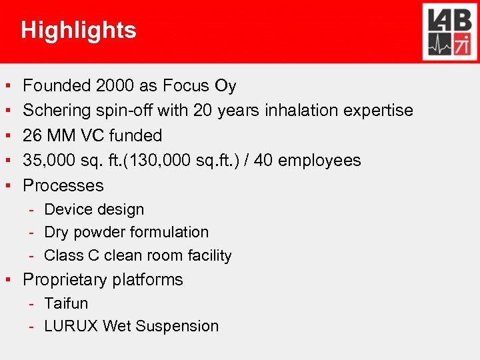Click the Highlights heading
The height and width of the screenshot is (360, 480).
click(79, 31)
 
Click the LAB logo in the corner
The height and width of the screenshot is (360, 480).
click(447, 31)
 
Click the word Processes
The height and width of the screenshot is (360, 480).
click(63, 185)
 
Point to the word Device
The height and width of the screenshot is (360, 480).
click(64, 209)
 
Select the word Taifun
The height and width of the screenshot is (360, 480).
click(66, 303)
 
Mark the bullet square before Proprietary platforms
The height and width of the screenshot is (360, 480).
click(7, 279)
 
